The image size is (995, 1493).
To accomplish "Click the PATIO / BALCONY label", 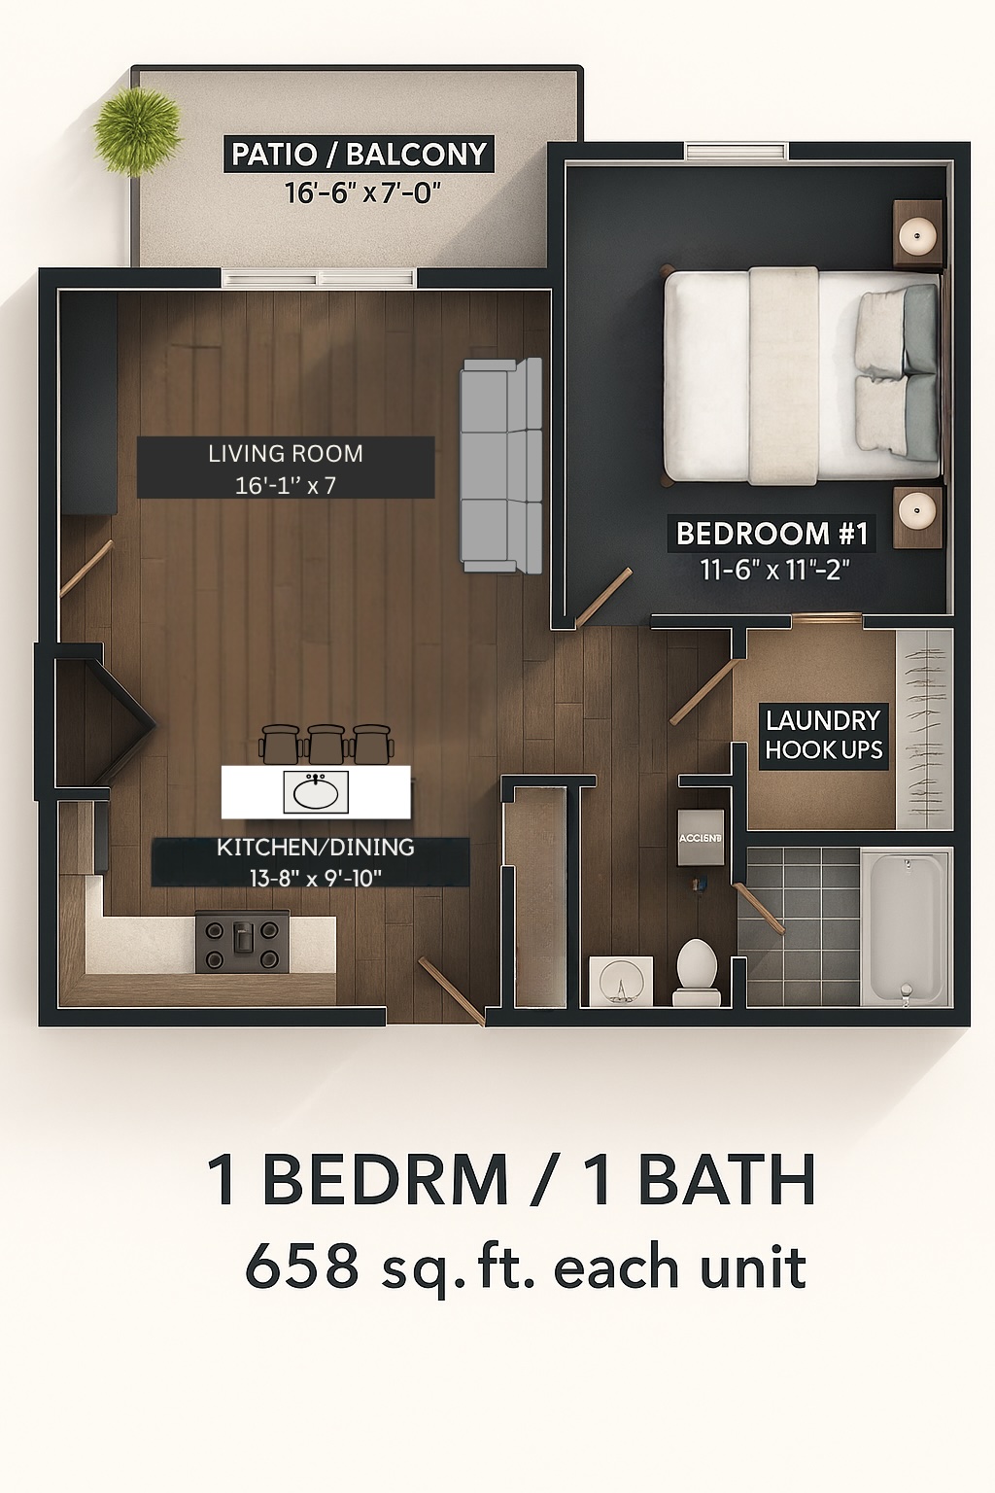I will [359, 155].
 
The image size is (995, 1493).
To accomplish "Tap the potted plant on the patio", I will [137, 130].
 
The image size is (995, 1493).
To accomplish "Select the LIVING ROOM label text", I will [286, 454].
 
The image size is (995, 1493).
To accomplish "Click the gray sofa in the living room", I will [500, 466].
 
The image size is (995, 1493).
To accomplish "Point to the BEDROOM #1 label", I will [772, 534].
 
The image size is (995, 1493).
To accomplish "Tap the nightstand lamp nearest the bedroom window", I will [916, 234].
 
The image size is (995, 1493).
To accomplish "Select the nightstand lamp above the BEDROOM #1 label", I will [916, 508].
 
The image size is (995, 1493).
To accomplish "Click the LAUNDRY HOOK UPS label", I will [823, 735].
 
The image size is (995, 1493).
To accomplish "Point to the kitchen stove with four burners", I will [242, 942].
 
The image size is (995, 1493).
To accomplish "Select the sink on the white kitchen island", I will [316, 791].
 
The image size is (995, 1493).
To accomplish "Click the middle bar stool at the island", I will [326, 744].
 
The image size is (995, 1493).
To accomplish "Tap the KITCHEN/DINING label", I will [315, 848].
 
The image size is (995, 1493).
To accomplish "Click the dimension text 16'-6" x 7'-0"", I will [362, 192].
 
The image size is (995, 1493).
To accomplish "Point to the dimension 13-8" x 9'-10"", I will [315, 878].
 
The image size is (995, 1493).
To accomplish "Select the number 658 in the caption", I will [301, 1267].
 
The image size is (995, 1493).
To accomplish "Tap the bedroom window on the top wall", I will [736, 152].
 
